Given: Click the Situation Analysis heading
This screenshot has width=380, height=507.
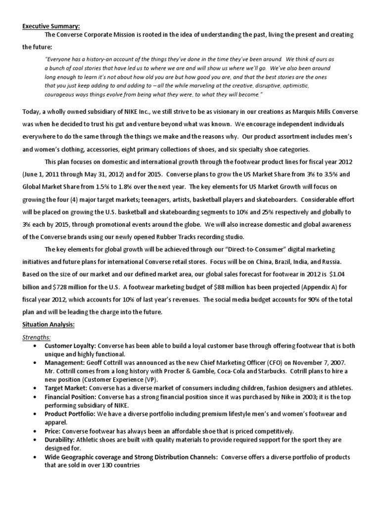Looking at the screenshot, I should click(x=49, y=324).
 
